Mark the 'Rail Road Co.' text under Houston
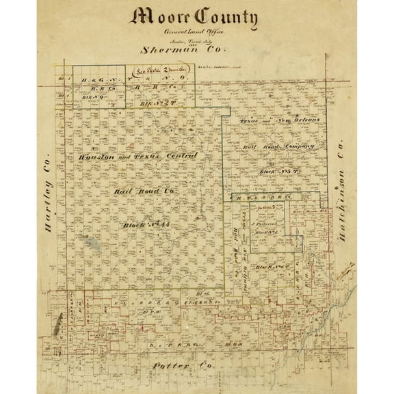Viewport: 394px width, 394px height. coord(142,191)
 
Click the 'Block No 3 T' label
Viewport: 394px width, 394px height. coord(280,170)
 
